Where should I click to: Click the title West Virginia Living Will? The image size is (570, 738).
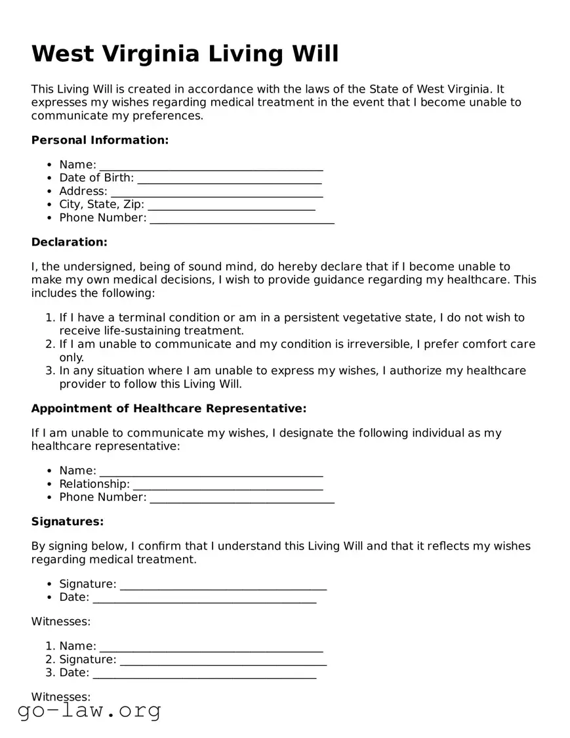(x=185, y=54)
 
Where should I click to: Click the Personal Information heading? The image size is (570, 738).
(x=100, y=140)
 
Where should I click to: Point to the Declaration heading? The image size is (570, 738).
(x=69, y=242)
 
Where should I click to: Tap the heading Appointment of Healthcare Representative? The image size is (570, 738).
(x=169, y=408)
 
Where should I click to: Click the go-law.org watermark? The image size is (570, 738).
(x=89, y=710)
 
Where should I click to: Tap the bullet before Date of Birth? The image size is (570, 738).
(x=49, y=178)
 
